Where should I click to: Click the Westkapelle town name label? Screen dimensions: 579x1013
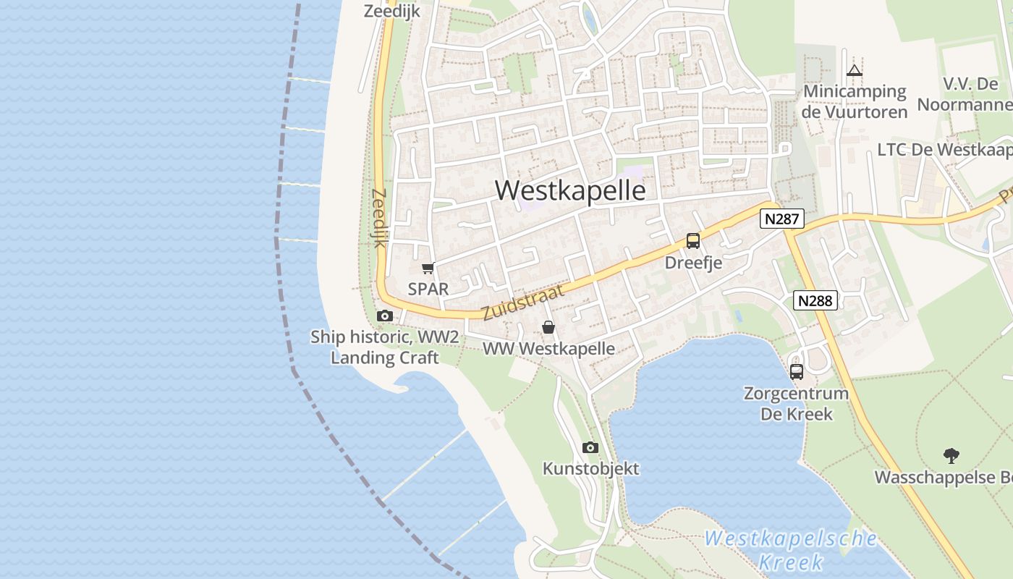point(570,190)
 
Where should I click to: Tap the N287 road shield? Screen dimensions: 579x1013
point(782,219)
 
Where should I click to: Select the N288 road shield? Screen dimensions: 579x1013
point(816,300)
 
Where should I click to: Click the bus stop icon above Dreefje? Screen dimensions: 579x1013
point(693,241)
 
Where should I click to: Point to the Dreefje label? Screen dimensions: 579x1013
point(693,262)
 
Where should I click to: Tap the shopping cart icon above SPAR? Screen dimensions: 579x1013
point(428,269)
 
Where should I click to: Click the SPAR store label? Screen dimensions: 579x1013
point(428,289)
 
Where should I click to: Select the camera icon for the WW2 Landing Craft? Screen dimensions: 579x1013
point(385,316)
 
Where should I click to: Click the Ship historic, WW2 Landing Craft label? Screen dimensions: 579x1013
point(384,347)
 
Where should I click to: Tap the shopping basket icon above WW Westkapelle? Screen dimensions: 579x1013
point(548,328)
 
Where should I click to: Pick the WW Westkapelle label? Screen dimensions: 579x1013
point(548,348)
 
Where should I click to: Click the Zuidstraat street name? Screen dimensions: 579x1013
point(522,302)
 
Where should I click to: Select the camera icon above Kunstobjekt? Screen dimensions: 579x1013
point(590,447)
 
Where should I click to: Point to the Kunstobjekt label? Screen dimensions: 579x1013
point(590,468)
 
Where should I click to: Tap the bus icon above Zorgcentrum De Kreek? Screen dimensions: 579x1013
point(797,372)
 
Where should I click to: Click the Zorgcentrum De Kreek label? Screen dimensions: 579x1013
point(796,404)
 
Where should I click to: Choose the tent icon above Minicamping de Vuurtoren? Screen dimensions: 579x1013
point(855,70)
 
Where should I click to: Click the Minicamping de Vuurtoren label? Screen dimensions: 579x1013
point(855,101)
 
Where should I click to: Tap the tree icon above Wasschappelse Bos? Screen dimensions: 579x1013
point(951,456)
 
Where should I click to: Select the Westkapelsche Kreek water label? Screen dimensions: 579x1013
point(791,550)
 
